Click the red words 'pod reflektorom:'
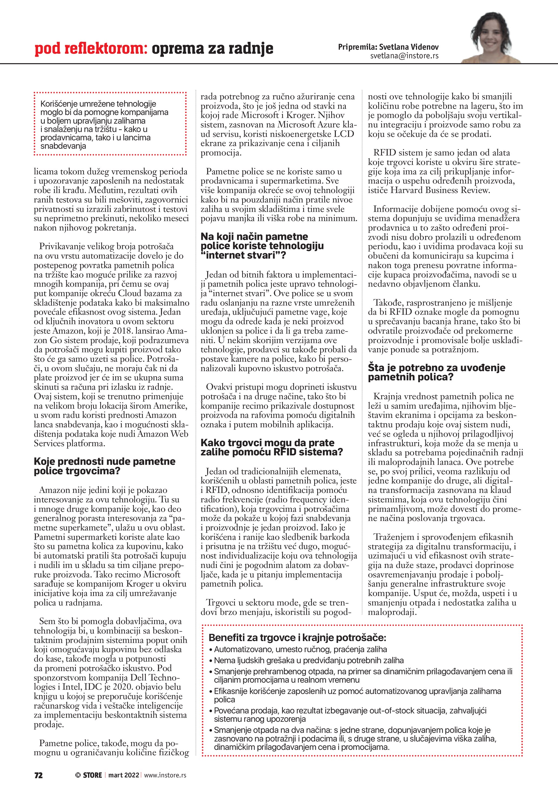click(91, 49)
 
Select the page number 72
click(39, 775)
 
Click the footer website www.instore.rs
click(165, 775)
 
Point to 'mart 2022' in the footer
click(124, 775)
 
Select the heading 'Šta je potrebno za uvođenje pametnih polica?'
click(436, 372)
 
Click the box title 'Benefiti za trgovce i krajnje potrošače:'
click(297, 638)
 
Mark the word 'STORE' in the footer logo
click(92, 775)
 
